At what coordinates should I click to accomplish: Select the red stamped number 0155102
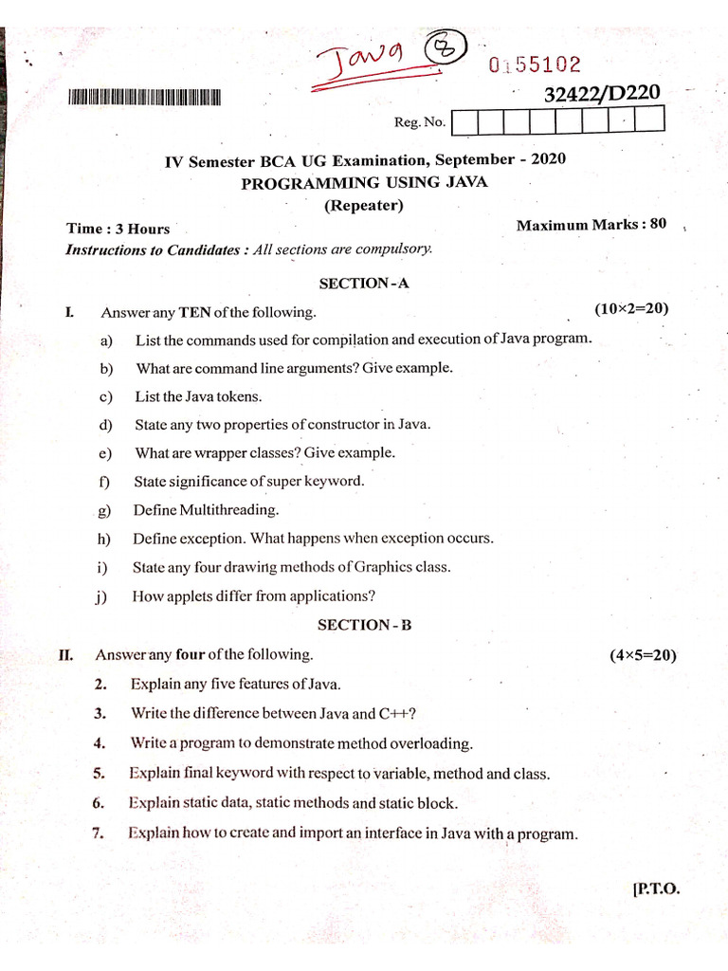coord(535,65)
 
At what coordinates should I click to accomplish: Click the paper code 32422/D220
coord(603,94)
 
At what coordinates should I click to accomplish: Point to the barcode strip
coord(145,97)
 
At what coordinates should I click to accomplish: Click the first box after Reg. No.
coord(465,120)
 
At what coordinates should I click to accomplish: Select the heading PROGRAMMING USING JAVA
coord(364,182)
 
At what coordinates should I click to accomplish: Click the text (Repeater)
coord(364,205)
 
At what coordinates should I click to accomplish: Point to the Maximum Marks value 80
coord(657,224)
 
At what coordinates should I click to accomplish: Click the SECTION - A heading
coord(364,283)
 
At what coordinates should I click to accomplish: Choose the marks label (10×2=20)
coord(632,308)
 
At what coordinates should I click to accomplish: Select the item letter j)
coord(102,596)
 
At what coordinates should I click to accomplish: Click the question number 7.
coord(99,834)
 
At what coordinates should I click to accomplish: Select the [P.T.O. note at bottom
coord(655,889)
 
